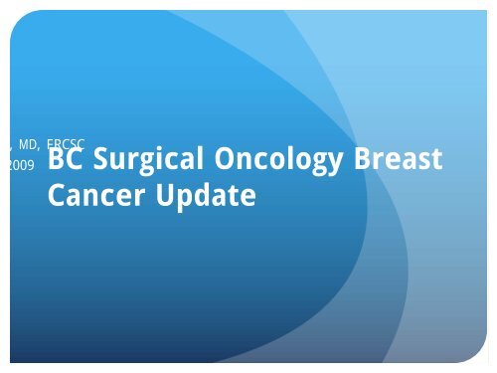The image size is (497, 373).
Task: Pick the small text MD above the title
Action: [x=29, y=146]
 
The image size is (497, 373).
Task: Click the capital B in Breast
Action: [x=356, y=159]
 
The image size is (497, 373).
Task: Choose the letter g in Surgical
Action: [x=143, y=163]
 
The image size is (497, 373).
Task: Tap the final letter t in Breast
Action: [x=435, y=160]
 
